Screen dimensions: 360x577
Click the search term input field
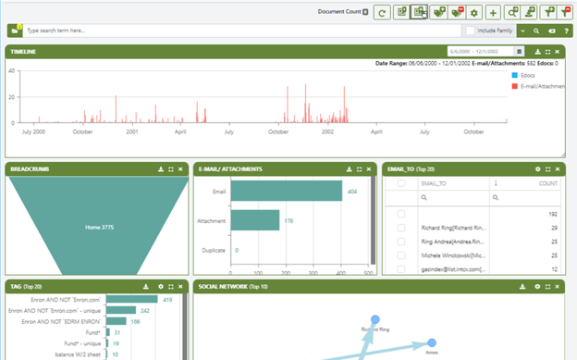(231, 31)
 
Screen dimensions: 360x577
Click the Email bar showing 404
(287, 192)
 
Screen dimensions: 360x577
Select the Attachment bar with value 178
(255, 220)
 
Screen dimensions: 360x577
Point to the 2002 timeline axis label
(328, 131)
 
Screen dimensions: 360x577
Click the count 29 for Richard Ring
(554, 227)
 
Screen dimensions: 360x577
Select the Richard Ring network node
(375, 320)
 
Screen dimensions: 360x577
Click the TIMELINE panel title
(24, 51)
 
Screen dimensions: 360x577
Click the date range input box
(480, 51)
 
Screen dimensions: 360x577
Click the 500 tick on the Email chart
(370, 274)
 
